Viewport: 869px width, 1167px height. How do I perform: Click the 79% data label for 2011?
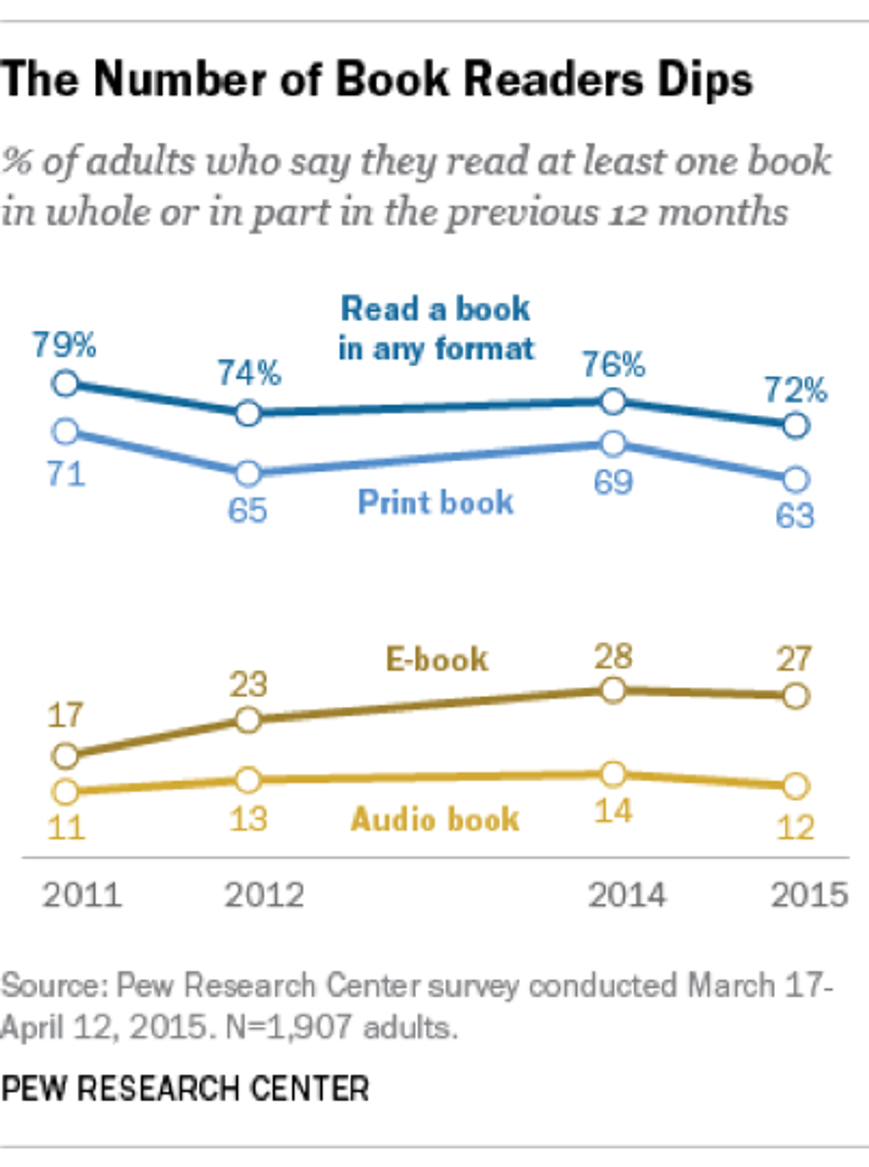click(65, 344)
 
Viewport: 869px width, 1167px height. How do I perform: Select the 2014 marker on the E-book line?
click(613, 690)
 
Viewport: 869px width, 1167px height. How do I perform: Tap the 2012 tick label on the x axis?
click(264, 895)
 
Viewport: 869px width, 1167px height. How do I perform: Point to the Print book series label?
click(435, 502)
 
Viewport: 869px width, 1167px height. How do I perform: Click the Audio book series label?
click(435, 818)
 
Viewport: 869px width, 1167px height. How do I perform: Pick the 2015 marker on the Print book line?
click(796, 480)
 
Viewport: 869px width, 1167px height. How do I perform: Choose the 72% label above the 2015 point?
click(795, 389)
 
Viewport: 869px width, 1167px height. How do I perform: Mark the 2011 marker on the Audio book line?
click(65, 791)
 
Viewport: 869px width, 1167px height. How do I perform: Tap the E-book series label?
click(437, 659)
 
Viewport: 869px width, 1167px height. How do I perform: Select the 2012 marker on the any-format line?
click(248, 413)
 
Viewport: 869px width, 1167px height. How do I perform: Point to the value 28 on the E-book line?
click(613, 656)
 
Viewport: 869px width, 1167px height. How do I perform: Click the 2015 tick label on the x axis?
click(809, 895)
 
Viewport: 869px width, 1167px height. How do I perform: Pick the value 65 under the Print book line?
click(247, 511)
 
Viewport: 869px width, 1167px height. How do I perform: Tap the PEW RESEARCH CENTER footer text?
click(185, 1088)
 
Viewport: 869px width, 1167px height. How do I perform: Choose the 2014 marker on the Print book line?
click(613, 443)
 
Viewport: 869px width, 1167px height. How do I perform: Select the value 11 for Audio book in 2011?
click(65, 827)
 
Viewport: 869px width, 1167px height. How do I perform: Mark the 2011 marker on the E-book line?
click(65, 756)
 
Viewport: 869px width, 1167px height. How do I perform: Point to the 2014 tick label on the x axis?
click(627, 895)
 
